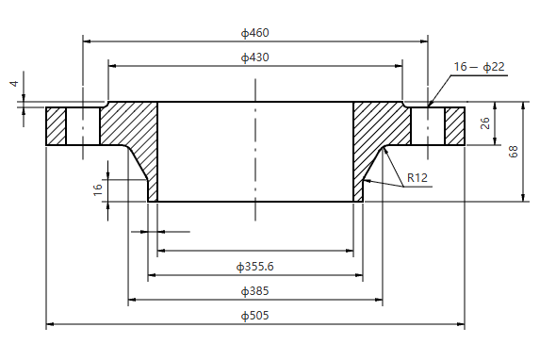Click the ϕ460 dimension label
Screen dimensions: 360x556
254,33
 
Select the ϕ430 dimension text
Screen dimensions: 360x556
254,57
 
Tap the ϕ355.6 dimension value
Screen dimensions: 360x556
257,267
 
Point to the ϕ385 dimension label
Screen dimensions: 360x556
254,291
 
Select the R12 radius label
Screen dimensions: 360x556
417,178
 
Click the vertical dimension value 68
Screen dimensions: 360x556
514,151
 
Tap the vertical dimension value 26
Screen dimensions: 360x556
484,123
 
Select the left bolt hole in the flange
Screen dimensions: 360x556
83,126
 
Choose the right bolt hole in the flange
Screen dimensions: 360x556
427,126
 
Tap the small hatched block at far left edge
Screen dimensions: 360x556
56,126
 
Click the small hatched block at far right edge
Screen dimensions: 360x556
455,126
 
